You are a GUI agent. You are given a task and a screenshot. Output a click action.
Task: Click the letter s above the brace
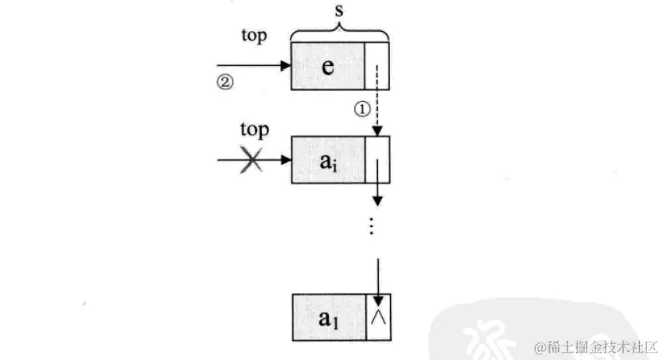(340, 14)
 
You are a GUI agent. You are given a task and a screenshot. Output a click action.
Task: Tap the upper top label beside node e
(254, 36)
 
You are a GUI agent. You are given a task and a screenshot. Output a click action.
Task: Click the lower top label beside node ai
(254, 130)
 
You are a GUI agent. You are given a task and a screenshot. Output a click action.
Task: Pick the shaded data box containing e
(328, 66)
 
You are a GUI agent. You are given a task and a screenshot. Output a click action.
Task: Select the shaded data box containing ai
(328, 160)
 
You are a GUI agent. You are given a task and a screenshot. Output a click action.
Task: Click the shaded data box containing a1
(328, 318)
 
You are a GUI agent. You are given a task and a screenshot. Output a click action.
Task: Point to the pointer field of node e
(376, 66)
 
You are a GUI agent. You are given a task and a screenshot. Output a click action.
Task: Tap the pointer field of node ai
(376, 160)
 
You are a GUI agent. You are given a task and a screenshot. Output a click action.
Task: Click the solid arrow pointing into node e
(255, 66)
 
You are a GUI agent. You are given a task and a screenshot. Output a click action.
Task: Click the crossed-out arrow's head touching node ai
(286, 161)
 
